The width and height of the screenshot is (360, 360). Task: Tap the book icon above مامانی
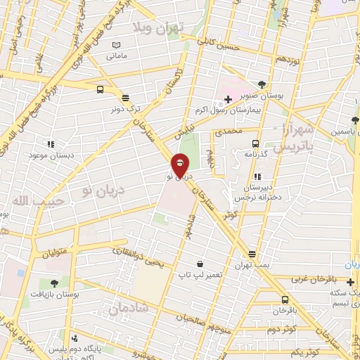click(117, 46)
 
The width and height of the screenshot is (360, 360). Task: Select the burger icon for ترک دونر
click(125, 98)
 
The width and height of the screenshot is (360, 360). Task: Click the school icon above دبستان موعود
click(51, 143)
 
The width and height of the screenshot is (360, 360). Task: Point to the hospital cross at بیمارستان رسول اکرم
click(228, 99)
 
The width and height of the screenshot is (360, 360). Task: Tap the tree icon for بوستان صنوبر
click(262, 83)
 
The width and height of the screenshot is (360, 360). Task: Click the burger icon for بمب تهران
click(252, 254)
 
